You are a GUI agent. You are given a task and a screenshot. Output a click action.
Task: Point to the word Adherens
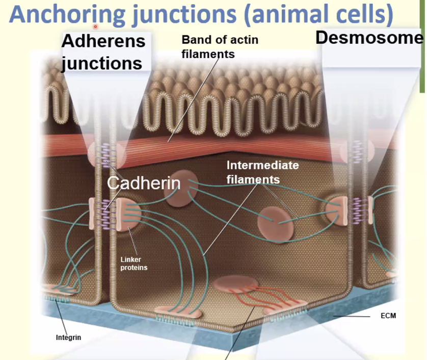click(103, 41)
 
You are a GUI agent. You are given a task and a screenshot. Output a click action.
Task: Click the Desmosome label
click(369, 38)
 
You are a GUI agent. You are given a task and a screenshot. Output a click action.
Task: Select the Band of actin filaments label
click(220, 46)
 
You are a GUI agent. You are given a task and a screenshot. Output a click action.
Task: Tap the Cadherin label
click(143, 184)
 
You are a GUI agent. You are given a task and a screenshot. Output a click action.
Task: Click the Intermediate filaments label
click(262, 172)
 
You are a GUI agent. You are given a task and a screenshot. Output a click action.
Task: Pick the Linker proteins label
click(134, 264)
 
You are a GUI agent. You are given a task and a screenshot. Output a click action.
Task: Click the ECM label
click(388, 316)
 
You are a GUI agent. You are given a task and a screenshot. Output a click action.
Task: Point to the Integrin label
click(68, 338)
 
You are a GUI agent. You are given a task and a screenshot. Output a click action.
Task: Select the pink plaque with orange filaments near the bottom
click(236, 285)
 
